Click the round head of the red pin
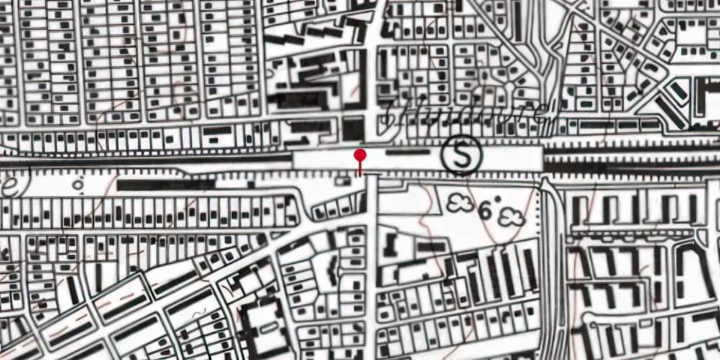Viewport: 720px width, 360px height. [x=360, y=155]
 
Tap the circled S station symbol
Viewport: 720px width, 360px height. [x=462, y=154]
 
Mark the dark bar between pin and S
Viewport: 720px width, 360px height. [x=406, y=153]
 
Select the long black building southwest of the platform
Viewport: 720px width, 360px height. [x=166, y=185]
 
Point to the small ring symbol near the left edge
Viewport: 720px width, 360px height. [x=78, y=184]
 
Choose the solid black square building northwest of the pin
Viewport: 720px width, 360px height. [x=353, y=129]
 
